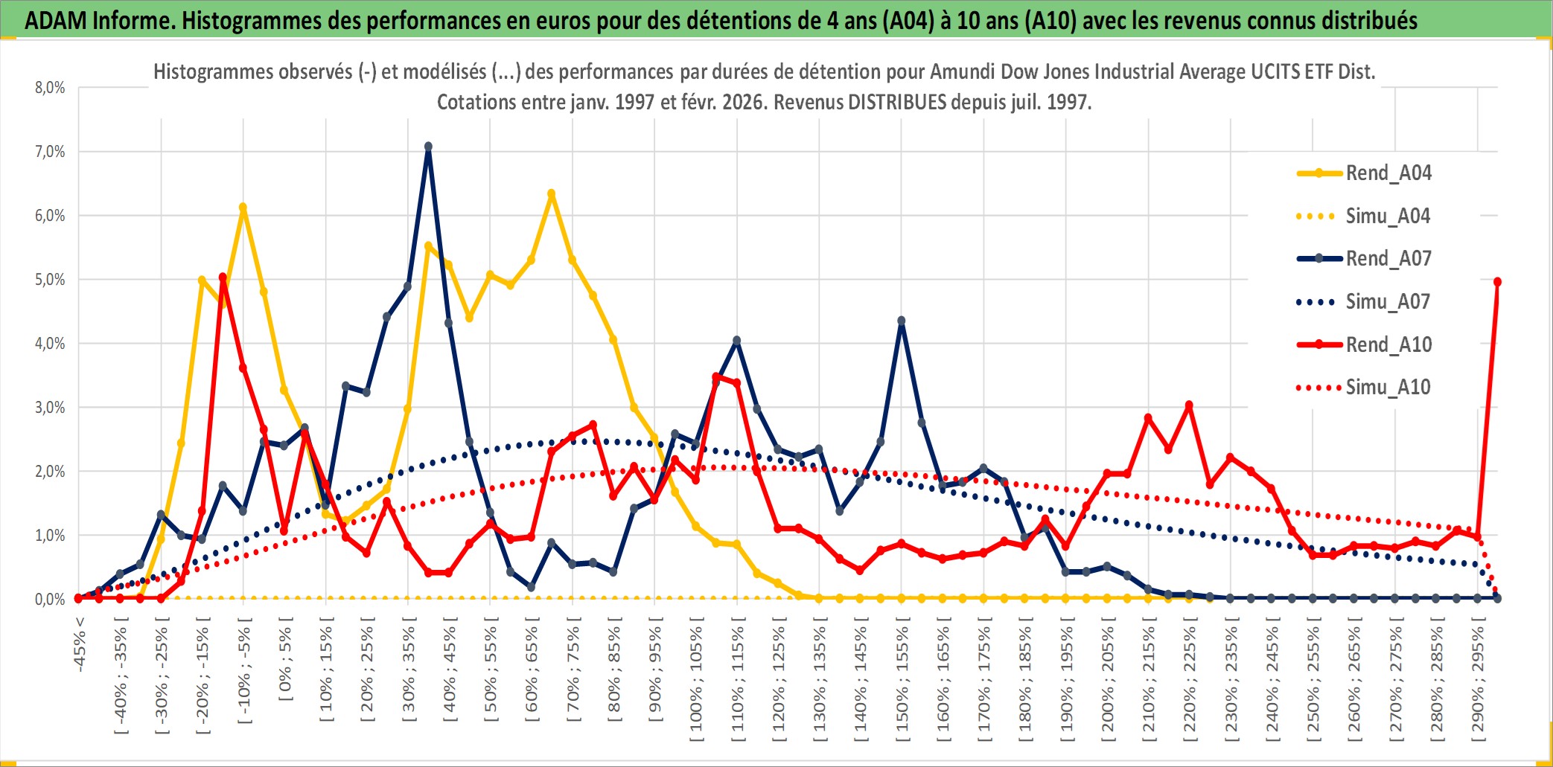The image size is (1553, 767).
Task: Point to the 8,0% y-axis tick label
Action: (x=50, y=88)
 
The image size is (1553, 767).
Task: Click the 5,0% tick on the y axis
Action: (x=50, y=280)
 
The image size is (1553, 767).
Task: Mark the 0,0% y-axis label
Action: (x=50, y=600)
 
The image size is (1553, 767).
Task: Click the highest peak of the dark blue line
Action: (x=428, y=147)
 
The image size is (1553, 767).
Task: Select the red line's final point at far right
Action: (x=1497, y=282)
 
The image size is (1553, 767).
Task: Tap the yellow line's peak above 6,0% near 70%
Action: (x=551, y=193)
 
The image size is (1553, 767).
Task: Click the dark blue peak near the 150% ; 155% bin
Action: (x=902, y=321)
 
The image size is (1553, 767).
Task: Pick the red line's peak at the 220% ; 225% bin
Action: (x=1189, y=405)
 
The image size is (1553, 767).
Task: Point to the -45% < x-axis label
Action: (x=80, y=644)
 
